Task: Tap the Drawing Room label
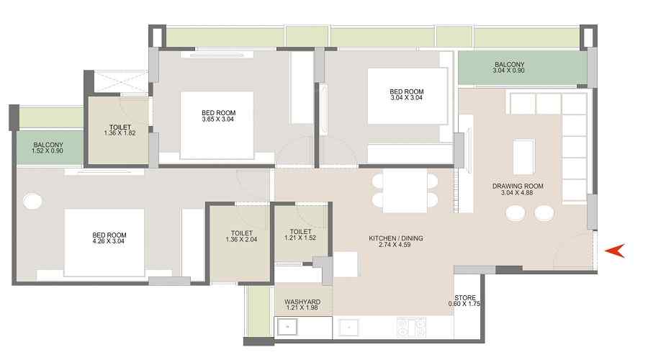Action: point(518,186)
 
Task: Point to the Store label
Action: point(465,297)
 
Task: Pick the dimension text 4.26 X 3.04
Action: point(109,241)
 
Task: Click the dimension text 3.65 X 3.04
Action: point(217,119)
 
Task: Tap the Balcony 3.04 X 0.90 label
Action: point(509,68)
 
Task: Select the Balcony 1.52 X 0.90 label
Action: point(48,148)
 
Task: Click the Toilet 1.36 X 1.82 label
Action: point(120,130)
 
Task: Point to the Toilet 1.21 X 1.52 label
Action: point(300,235)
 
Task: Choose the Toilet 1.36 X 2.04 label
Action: point(241,236)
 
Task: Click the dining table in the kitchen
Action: point(405,191)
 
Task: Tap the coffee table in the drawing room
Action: point(523,157)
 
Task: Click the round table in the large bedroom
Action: point(32,202)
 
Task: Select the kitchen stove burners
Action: point(411,327)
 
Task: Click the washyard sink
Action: point(287,327)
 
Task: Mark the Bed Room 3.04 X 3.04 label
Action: point(406,94)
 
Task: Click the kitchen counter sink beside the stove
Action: point(349,328)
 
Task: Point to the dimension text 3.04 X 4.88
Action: point(516,193)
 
